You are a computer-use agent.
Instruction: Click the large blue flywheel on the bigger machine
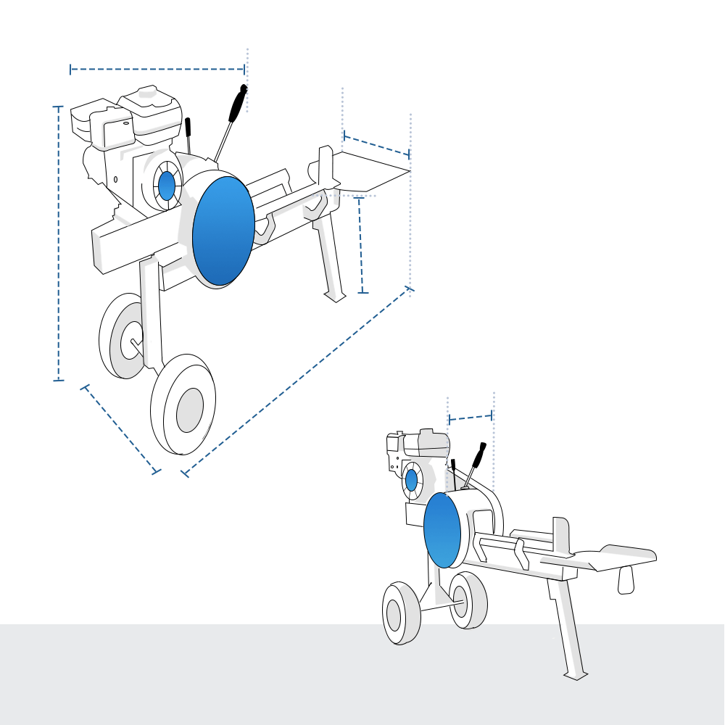pos(223,231)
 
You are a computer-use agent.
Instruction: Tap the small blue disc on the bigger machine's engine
pos(167,186)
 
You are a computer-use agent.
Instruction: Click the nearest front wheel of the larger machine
pos(183,405)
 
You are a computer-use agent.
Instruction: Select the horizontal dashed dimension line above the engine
pos(157,70)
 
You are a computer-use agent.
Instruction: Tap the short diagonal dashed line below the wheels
pos(120,428)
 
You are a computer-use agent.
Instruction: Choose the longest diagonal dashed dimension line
pos(297,381)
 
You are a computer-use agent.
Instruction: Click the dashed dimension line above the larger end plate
pos(376,145)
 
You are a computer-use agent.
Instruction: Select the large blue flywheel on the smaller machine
pos(442,530)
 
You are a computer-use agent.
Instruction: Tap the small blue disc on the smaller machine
pos(411,480)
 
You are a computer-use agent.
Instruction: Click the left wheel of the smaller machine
pos(396,614)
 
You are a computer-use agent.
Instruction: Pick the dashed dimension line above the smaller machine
pos(471,417)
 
